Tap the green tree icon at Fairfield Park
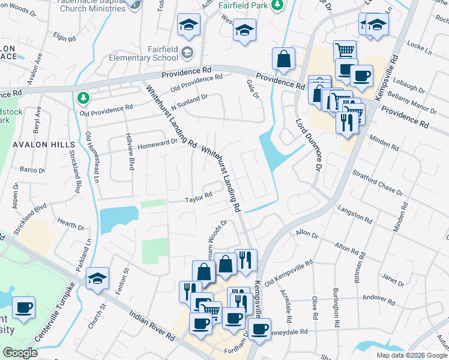[277, 5]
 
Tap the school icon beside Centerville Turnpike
[97, 279]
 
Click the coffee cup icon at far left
[23, 308]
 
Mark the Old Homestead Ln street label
[91, 158]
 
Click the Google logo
[20, 353]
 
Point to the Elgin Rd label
[64, 37]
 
